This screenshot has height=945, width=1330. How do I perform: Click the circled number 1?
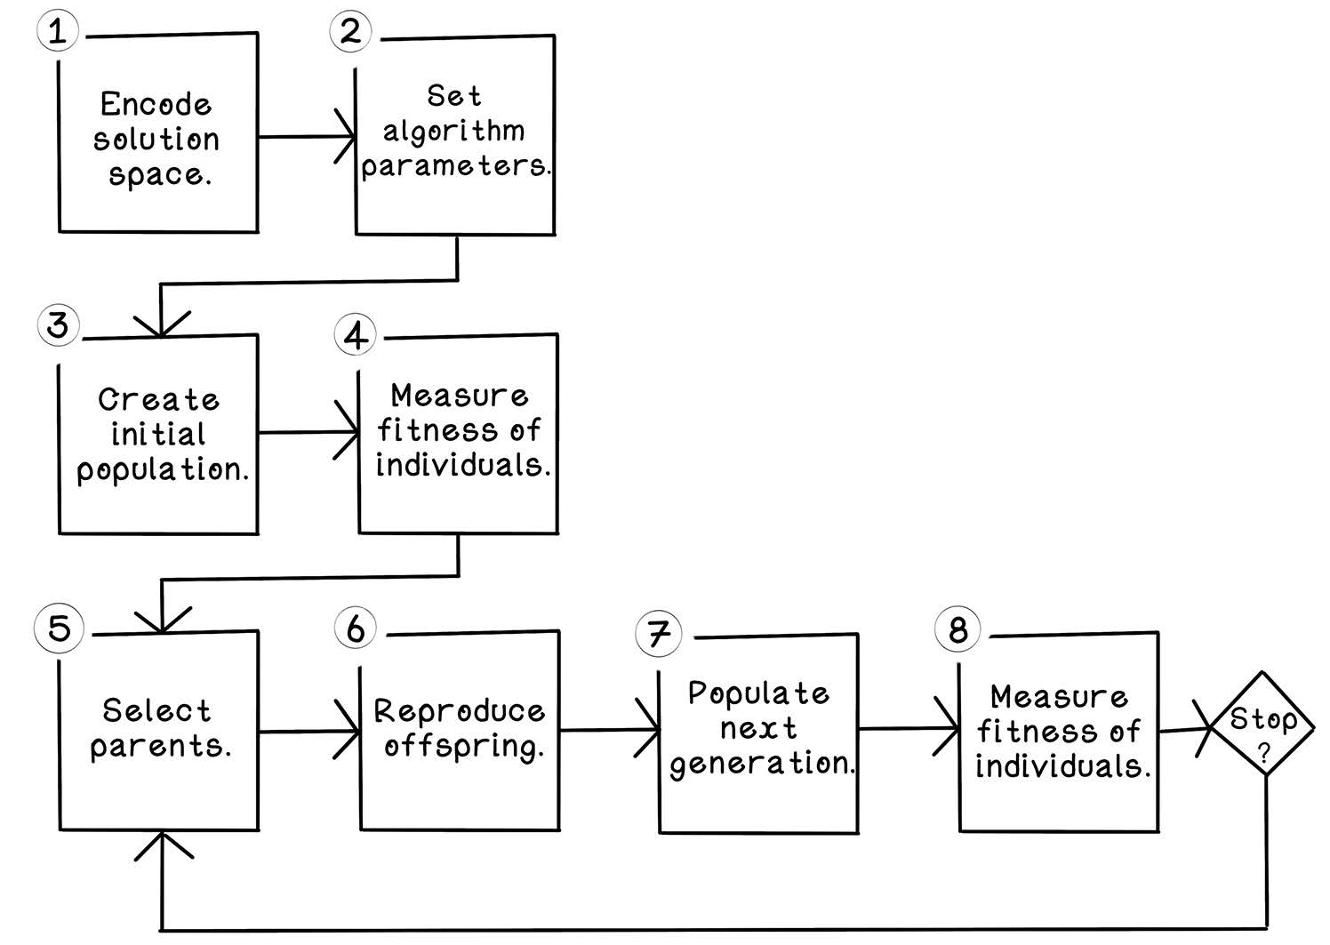tap(58, 30)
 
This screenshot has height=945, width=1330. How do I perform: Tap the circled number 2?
tap(350, 31)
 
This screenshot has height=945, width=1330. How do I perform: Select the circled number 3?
tap(58, 324)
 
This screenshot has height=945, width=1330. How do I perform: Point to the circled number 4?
tap(355, 335)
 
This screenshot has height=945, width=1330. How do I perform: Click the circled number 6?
tap(355, 628)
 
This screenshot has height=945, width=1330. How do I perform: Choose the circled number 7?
tap(658, 633)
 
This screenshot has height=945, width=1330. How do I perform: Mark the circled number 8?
tap(957, 629)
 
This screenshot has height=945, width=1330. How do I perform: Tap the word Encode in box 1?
tap(156, 105)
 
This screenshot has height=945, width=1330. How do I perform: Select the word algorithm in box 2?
tap(453, 132)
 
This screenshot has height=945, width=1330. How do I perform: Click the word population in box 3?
tap(162, 470)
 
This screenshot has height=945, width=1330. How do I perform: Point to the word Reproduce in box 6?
tap(459, 710)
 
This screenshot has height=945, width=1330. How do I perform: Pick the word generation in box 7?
tap(762, 764)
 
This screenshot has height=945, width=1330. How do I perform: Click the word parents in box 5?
tap(160, 747)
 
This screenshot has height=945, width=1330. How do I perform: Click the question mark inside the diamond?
tap(1263, 752)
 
